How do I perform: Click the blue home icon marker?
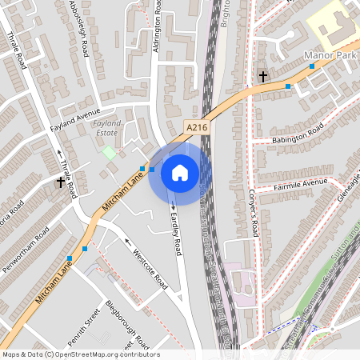pyautogui.click(x=180, y=172)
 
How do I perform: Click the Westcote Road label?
pyautogui.click(x=150, y=272)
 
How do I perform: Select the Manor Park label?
pyautogui.click(x=330, y=56)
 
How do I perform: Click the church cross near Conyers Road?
pyautogui.click(x=262, y=77)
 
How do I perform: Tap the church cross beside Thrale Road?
pyautogui.click(x=60, y=182)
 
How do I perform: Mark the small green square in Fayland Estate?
pyautogui.click(x=109, y=151)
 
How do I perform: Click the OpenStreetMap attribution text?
pyautogui.click(x=80, y=354)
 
